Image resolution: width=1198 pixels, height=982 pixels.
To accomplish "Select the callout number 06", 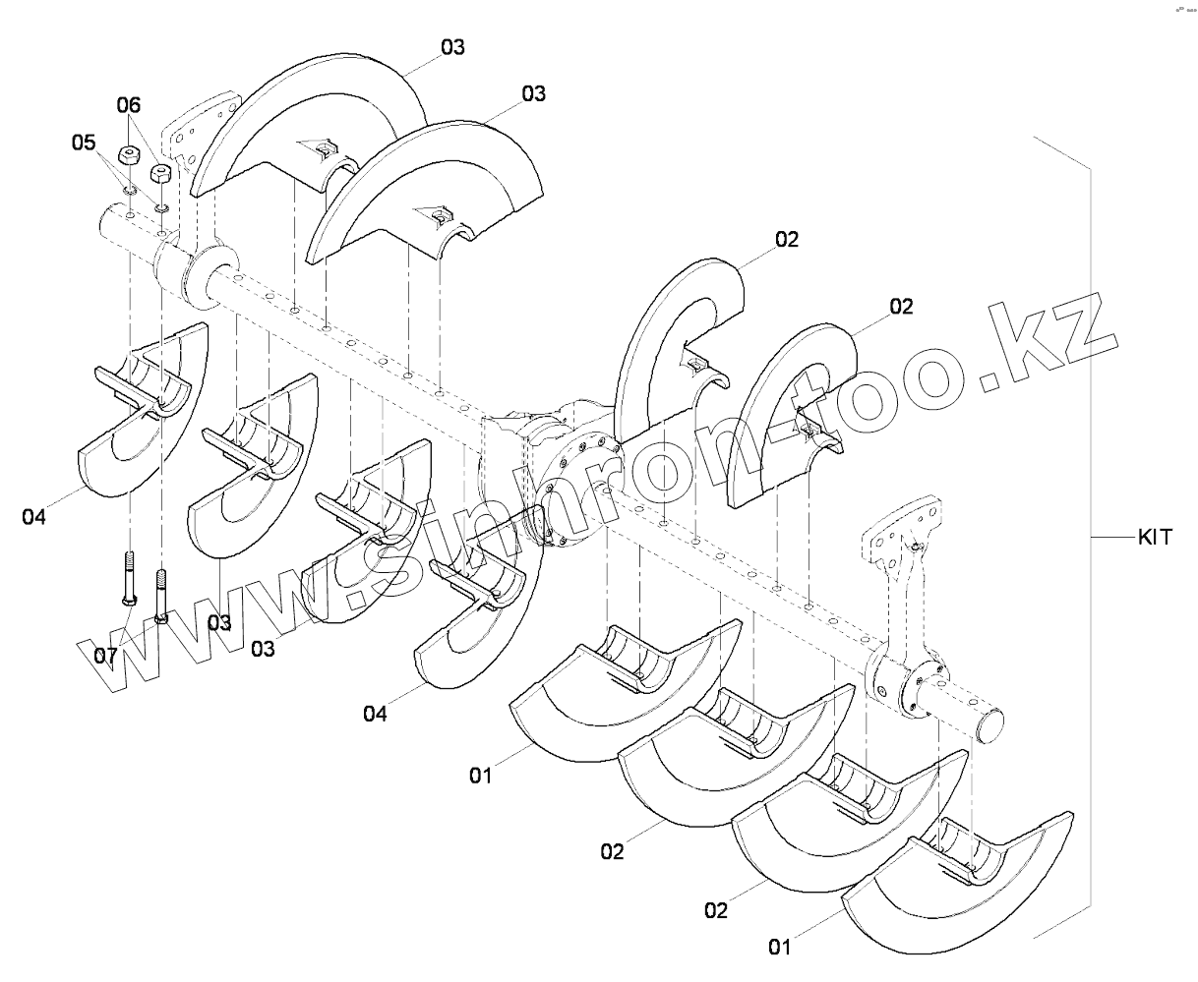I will click(129, 104).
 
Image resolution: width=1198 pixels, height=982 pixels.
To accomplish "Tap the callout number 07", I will click(105, 654).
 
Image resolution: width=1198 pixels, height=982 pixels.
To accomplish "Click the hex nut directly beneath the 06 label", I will click(126, 154).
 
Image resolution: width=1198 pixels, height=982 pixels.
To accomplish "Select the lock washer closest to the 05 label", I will click(129, 190).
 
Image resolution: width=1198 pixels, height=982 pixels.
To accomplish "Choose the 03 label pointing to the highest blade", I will click(452, 47).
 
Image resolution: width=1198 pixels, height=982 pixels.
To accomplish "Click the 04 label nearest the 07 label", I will click(33, 515).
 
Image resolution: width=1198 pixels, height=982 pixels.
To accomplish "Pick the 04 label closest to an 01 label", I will click(375, 714).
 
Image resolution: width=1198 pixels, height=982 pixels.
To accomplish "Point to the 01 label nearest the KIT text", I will click(779, 948).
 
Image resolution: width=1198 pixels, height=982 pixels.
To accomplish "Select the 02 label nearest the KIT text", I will click(901, 307).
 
